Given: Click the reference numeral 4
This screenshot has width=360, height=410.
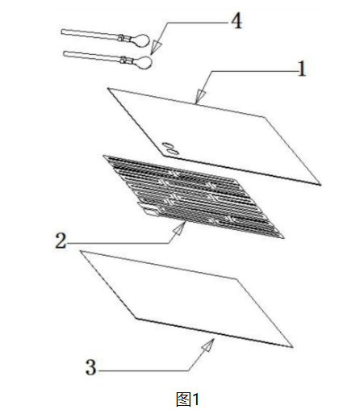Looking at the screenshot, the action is [x=237, y=21].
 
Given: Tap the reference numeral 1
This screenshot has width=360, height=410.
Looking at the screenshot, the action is [x=302, y=69].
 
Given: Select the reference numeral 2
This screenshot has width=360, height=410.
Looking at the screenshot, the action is [x=61, y=241].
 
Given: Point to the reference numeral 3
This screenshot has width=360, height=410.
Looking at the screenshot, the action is [x=90, y=367].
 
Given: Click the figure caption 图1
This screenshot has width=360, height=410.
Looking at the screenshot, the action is [x=187, y=399].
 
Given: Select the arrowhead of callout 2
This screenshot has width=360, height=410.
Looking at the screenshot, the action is [x=180, y=228].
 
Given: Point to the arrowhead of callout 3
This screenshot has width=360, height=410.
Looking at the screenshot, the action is [x=209, y=345].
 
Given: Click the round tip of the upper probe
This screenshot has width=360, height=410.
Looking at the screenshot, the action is [x=141, y=40].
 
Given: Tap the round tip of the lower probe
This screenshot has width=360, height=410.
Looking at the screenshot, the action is [x=144, y=62].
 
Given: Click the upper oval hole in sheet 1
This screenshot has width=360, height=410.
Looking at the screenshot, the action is [x=168, y=144].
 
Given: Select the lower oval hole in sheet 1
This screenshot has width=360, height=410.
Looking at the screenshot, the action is [x=172, y=152].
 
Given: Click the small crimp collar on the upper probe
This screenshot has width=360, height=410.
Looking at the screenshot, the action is [x=121, y=38].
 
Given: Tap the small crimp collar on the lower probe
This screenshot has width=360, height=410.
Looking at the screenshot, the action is [x=124, y=60].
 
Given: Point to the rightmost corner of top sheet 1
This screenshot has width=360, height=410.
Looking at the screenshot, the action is [x=320, y=185].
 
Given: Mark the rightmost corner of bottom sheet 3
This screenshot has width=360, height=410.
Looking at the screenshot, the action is [x=292, y=347].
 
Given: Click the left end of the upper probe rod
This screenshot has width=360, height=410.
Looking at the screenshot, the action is [x=62, y=31].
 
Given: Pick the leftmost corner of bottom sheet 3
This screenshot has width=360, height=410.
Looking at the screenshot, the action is [x=81, y=251].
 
